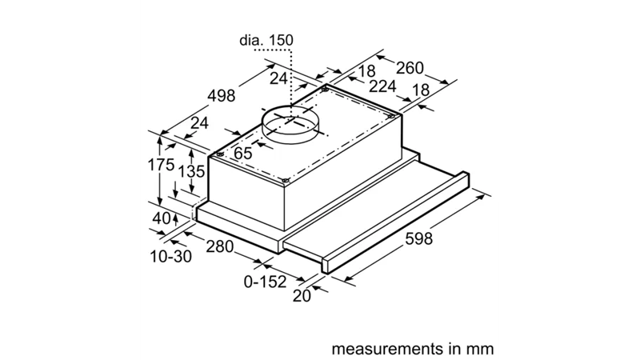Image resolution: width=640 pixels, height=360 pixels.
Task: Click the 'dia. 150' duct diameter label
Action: click(x=266, y=40)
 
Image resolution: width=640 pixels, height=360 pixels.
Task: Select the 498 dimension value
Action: click(x=222, y=95)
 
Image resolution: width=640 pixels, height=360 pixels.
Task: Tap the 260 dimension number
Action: click(x=410, y=68)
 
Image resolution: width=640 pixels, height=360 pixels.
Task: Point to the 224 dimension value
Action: click(x=382, y=86)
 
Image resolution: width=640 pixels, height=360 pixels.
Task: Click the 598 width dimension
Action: click(x=418, y=238)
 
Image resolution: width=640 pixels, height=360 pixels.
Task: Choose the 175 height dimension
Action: click(x=161, y=165)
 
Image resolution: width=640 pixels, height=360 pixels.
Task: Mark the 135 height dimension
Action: click(x=191, y=171)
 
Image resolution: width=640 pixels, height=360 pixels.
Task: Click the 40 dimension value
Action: click(x=162, y=218)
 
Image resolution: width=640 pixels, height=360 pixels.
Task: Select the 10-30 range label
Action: click(x=171, y=256)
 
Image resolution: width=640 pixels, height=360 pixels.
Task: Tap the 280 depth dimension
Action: click(x=219, y=246)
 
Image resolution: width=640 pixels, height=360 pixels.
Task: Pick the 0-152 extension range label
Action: click(x=266, y=282)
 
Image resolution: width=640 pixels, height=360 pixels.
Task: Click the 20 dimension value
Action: click(x=302, y=296)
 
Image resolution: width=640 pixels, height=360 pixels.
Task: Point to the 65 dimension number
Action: click(x=243, y=153)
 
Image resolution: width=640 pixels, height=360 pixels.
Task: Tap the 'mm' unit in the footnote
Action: click(x=480, y=350)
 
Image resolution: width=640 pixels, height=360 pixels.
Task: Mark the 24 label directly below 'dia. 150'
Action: click(x=278, y=78)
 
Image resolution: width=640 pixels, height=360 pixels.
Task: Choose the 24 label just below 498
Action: click(x=199, y=122)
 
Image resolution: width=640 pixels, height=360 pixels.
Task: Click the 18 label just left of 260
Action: click(x=366, y=71)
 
